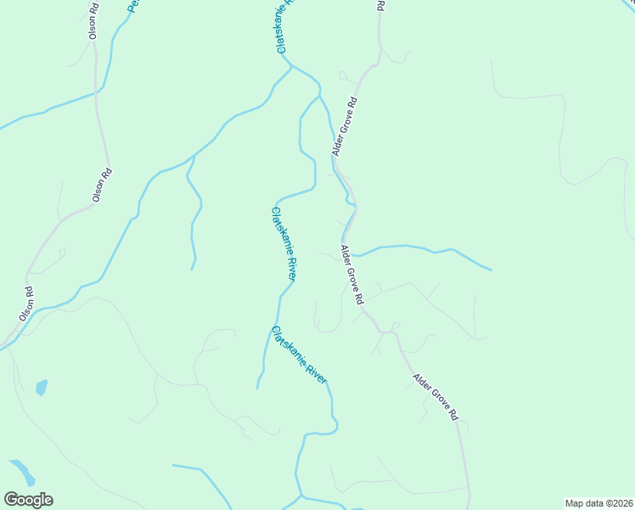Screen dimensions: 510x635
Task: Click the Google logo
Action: pos(29,500)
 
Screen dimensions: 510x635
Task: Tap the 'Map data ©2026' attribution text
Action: pos(599,503)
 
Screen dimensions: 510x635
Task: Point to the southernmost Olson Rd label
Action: pos(26,303)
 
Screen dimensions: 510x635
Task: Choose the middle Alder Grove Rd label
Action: pos(351,275)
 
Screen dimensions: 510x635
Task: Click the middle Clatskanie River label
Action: pos(284,244)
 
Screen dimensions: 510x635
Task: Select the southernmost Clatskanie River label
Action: pos(299,355)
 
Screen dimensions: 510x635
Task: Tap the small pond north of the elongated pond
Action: pos(41,388)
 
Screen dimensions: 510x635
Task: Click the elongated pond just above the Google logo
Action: pos(22,472)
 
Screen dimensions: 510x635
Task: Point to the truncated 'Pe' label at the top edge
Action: pos(132,6)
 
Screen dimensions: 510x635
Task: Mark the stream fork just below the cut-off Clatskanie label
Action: pos(292,65)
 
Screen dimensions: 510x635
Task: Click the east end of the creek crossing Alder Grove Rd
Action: pos(491,270)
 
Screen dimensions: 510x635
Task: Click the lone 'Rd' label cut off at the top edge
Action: pos(379,5)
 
